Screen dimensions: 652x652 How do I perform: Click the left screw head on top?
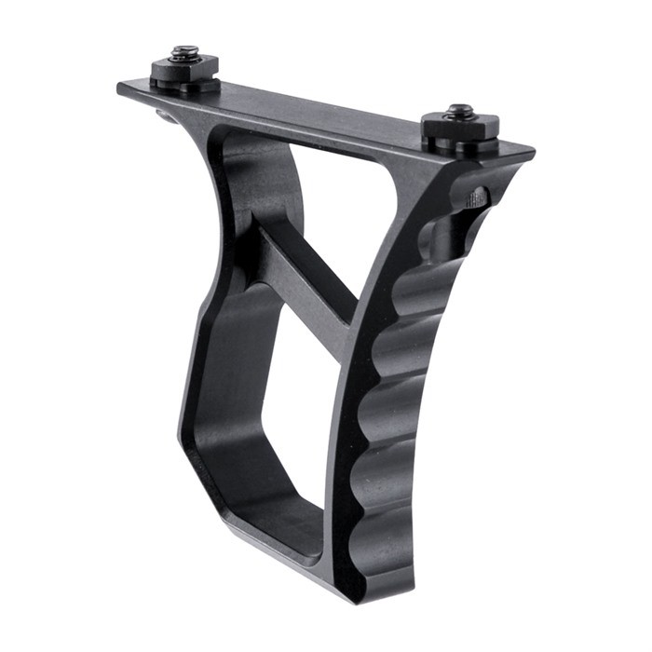point(184,51)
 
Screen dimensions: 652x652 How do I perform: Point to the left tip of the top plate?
point(122,88)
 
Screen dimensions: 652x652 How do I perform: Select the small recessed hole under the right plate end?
point(474,197)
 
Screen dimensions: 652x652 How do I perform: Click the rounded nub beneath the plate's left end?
point(166,115)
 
